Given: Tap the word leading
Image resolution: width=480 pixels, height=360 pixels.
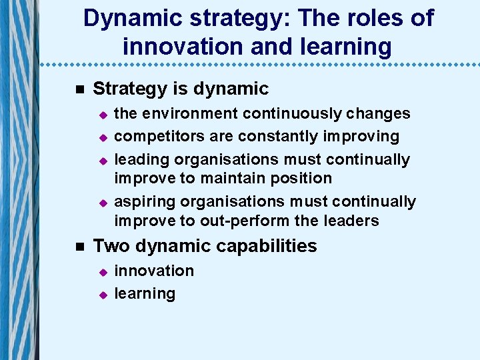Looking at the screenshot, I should point(139,159).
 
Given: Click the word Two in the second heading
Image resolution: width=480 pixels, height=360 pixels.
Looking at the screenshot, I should point(111,246).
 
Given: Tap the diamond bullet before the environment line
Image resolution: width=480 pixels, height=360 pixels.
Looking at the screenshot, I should point(103,115).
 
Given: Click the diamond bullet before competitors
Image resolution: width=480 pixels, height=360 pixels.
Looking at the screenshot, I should point(103,137).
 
